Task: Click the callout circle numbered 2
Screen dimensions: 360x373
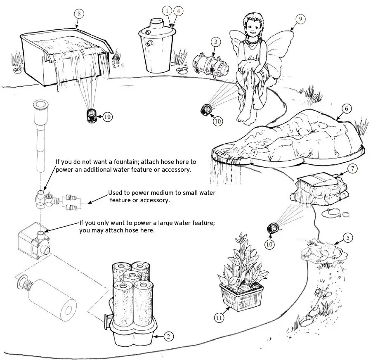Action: click(x=168, y=336)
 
